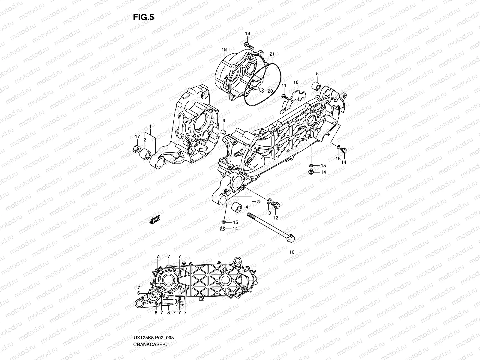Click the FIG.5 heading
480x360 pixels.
pos(143,17)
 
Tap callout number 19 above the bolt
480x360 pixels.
pos(247,33)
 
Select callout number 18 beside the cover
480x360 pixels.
pos(224,49)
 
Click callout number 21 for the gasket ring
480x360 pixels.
pos(272,54)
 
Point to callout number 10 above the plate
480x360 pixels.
pos(296,82)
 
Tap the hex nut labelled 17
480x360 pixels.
pos(135,148)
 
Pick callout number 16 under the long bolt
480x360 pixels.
pos(292,252)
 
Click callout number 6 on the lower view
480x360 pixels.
pos(139,293)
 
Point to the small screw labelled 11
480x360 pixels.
pos(283,96)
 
